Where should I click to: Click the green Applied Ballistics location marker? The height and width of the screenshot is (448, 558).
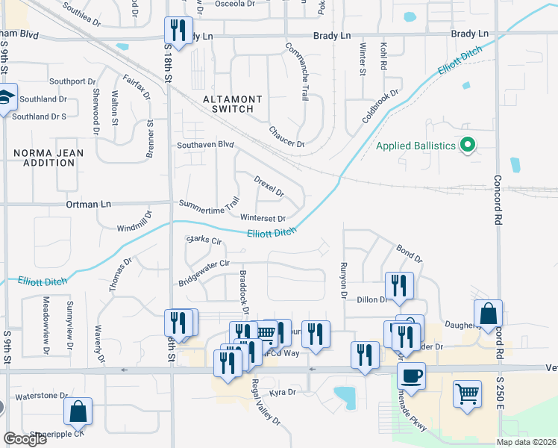coord(468,145)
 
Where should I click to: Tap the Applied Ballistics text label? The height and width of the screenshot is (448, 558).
coord(416,146)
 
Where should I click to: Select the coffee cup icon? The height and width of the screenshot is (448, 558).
coord(410,375)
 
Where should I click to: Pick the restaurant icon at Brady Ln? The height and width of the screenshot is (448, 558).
coord(178,30)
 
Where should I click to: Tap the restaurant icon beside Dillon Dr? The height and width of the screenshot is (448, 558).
coord(398,285)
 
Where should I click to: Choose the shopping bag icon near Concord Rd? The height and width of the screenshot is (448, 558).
coord(488,314)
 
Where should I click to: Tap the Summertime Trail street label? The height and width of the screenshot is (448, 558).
coord(208,203)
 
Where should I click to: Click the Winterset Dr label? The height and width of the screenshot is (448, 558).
coord(263,219)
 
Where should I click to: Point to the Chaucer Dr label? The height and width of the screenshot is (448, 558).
coord(287,136)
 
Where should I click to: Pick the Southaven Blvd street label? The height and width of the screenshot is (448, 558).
coord(205,145)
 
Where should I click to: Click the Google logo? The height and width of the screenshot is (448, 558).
coord(25,439)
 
